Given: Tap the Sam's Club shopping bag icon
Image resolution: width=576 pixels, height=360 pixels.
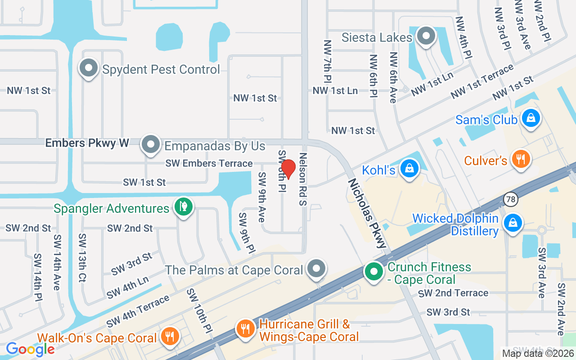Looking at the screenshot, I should coord(531,118).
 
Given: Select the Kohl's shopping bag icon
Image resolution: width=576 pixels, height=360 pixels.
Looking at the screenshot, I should coord(409,169).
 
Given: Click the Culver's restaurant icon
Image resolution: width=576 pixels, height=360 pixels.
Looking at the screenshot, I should coord(521,159).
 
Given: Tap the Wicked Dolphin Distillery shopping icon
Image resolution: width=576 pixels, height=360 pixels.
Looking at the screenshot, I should coord(513,222).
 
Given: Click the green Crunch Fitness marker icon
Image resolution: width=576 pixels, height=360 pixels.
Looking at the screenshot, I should coord(373,272).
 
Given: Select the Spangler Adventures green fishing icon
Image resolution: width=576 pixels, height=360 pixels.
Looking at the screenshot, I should coord(184,207).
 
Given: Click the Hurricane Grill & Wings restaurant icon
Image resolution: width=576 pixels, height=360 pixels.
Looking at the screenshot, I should coord(245,329).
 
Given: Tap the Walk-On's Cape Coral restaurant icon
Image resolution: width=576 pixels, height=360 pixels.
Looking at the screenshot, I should coord(170,336).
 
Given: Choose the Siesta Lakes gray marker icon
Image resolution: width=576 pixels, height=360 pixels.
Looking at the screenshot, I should coord(425,36).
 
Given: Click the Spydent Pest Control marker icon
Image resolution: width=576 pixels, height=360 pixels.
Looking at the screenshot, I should coord(89,69).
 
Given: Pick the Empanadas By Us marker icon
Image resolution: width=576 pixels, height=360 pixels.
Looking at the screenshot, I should coord(151,145).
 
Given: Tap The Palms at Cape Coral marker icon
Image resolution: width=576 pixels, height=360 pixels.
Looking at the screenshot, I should coord(316,269).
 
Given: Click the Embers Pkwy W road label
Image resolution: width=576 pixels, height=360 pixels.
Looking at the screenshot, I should coord(87,143).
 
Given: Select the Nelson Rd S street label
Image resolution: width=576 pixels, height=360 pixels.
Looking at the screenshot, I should coord(302,179).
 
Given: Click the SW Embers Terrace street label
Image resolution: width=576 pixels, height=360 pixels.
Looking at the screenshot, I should coord(209,163).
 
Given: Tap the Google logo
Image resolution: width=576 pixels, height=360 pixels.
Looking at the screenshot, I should coord(30,349).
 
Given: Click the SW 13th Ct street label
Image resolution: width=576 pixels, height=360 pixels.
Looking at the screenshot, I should coord(82,257).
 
